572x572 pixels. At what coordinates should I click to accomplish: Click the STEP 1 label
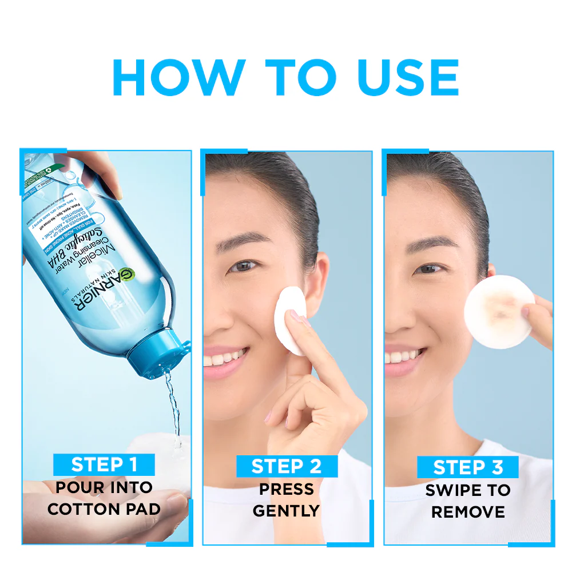click(104, 464)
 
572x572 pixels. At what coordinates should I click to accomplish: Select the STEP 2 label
click(287, 466)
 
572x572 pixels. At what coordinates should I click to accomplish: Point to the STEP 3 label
click(467, 467)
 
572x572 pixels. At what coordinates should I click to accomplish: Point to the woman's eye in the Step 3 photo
click(428, 268)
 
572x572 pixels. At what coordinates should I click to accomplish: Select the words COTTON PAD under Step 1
click(104, 509)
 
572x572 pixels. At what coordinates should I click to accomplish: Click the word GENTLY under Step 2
click(286, 510)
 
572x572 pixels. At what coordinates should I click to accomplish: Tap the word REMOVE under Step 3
click(468, 511)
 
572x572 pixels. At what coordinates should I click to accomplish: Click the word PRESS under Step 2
click(286, 489)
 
